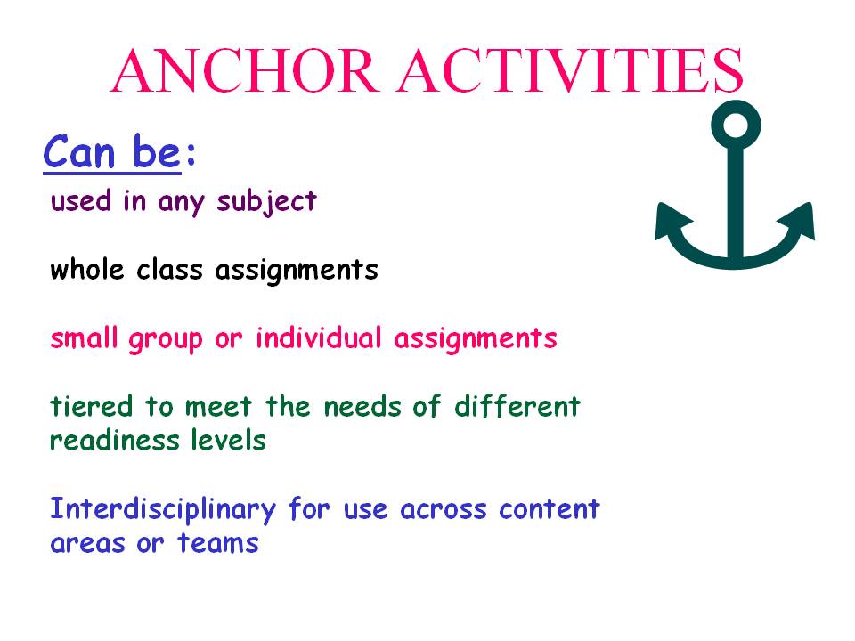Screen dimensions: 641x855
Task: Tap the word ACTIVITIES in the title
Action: point(571,70)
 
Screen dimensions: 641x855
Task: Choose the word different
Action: point(517,407)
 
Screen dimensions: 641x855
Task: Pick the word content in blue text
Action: point(549,509)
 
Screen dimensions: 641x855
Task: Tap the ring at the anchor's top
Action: point(735,124)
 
